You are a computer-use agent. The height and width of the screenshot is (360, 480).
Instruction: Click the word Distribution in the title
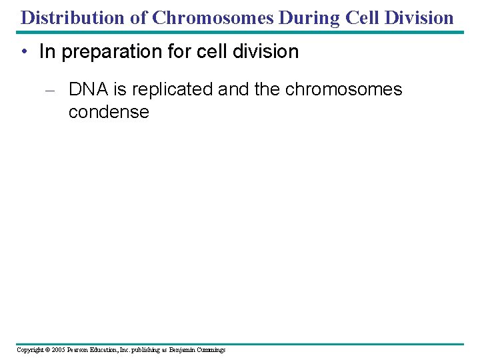point(73,17)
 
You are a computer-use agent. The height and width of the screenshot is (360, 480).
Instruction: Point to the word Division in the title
point(420,17)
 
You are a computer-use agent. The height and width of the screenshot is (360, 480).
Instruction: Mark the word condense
point(109,111)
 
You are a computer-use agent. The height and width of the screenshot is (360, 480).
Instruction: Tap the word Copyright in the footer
point(31,350)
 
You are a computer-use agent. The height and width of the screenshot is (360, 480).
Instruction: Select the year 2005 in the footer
point(60,350)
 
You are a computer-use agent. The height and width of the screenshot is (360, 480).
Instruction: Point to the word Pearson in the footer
point(81,350)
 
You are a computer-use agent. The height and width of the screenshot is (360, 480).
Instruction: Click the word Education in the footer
point(109,350)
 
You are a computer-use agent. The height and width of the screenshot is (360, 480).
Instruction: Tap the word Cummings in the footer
point(211,350)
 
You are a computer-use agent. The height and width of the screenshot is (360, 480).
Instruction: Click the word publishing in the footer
point(149,350)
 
